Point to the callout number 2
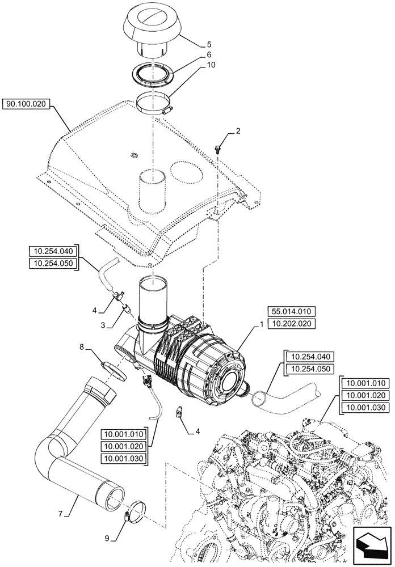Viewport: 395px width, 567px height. click(238, 131)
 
